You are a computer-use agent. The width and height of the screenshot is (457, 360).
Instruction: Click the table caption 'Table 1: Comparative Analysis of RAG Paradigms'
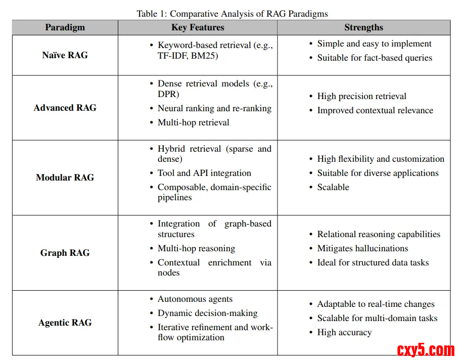click(232, 14)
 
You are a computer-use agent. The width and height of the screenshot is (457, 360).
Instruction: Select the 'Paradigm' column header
click(65, 28)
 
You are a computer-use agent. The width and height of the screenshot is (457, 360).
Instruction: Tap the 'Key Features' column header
click(198, 28)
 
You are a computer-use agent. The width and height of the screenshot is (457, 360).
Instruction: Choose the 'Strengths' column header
click(363, 28)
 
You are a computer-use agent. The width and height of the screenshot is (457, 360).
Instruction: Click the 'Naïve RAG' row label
click(65, 55)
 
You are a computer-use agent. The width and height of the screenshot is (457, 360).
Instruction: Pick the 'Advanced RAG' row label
click(65, 108)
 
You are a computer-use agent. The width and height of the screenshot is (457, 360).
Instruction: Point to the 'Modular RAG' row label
click(65, 177)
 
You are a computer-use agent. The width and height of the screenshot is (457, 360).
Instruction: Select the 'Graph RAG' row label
click(65, 253)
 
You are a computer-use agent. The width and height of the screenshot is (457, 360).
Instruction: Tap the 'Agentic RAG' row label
click(65, 323)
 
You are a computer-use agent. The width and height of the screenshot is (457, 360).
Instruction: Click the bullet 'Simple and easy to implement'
click(374, 44)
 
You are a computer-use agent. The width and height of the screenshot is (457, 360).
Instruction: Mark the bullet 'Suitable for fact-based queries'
click(375, 58)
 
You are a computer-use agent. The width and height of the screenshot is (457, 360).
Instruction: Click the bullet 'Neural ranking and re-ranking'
click(214, 108)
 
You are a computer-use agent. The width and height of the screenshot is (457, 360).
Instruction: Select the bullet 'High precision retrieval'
click(361, 96)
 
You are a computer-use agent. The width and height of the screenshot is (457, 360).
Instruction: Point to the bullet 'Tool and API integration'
click(204, 173)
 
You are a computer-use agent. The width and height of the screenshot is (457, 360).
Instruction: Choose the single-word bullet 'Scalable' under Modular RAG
click(333, 187)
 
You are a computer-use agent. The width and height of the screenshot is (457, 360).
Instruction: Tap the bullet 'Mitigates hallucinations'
click(362, 248)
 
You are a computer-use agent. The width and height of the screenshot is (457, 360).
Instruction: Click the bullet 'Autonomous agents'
click(195, 299)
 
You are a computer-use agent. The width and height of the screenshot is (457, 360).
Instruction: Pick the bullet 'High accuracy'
click(344, 332)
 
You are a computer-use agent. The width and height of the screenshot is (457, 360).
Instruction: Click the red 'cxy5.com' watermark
click(426, 349)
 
